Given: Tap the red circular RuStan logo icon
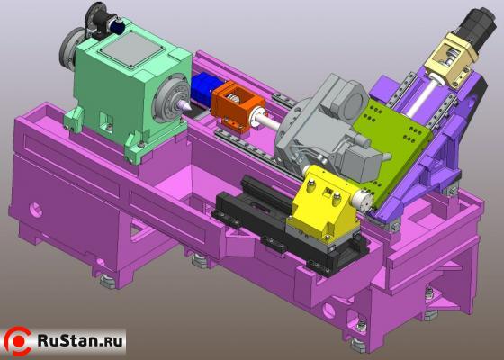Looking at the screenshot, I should pos(19,340).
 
